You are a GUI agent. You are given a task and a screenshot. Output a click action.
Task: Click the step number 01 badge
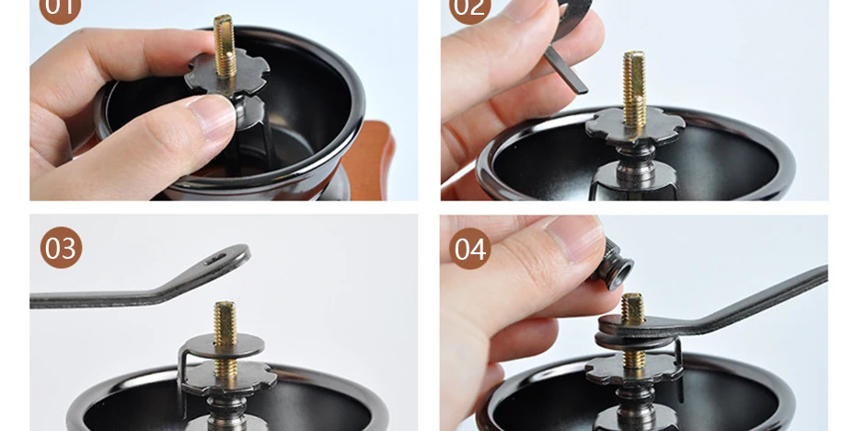pos(60,7)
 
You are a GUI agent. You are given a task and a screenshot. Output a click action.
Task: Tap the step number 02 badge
pos(469,7)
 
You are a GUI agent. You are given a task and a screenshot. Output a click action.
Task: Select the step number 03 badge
pos(61,248)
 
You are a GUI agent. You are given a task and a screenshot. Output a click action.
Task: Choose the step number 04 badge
pos(470,248)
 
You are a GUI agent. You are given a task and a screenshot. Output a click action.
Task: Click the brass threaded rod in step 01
pos(225,49)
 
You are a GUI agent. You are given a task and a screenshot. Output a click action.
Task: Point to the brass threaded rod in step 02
pos(634,87)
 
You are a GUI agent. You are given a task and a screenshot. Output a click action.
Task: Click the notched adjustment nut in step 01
pos(226,75)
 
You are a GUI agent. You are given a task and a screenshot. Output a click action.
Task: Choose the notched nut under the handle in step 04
pos(634,368)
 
